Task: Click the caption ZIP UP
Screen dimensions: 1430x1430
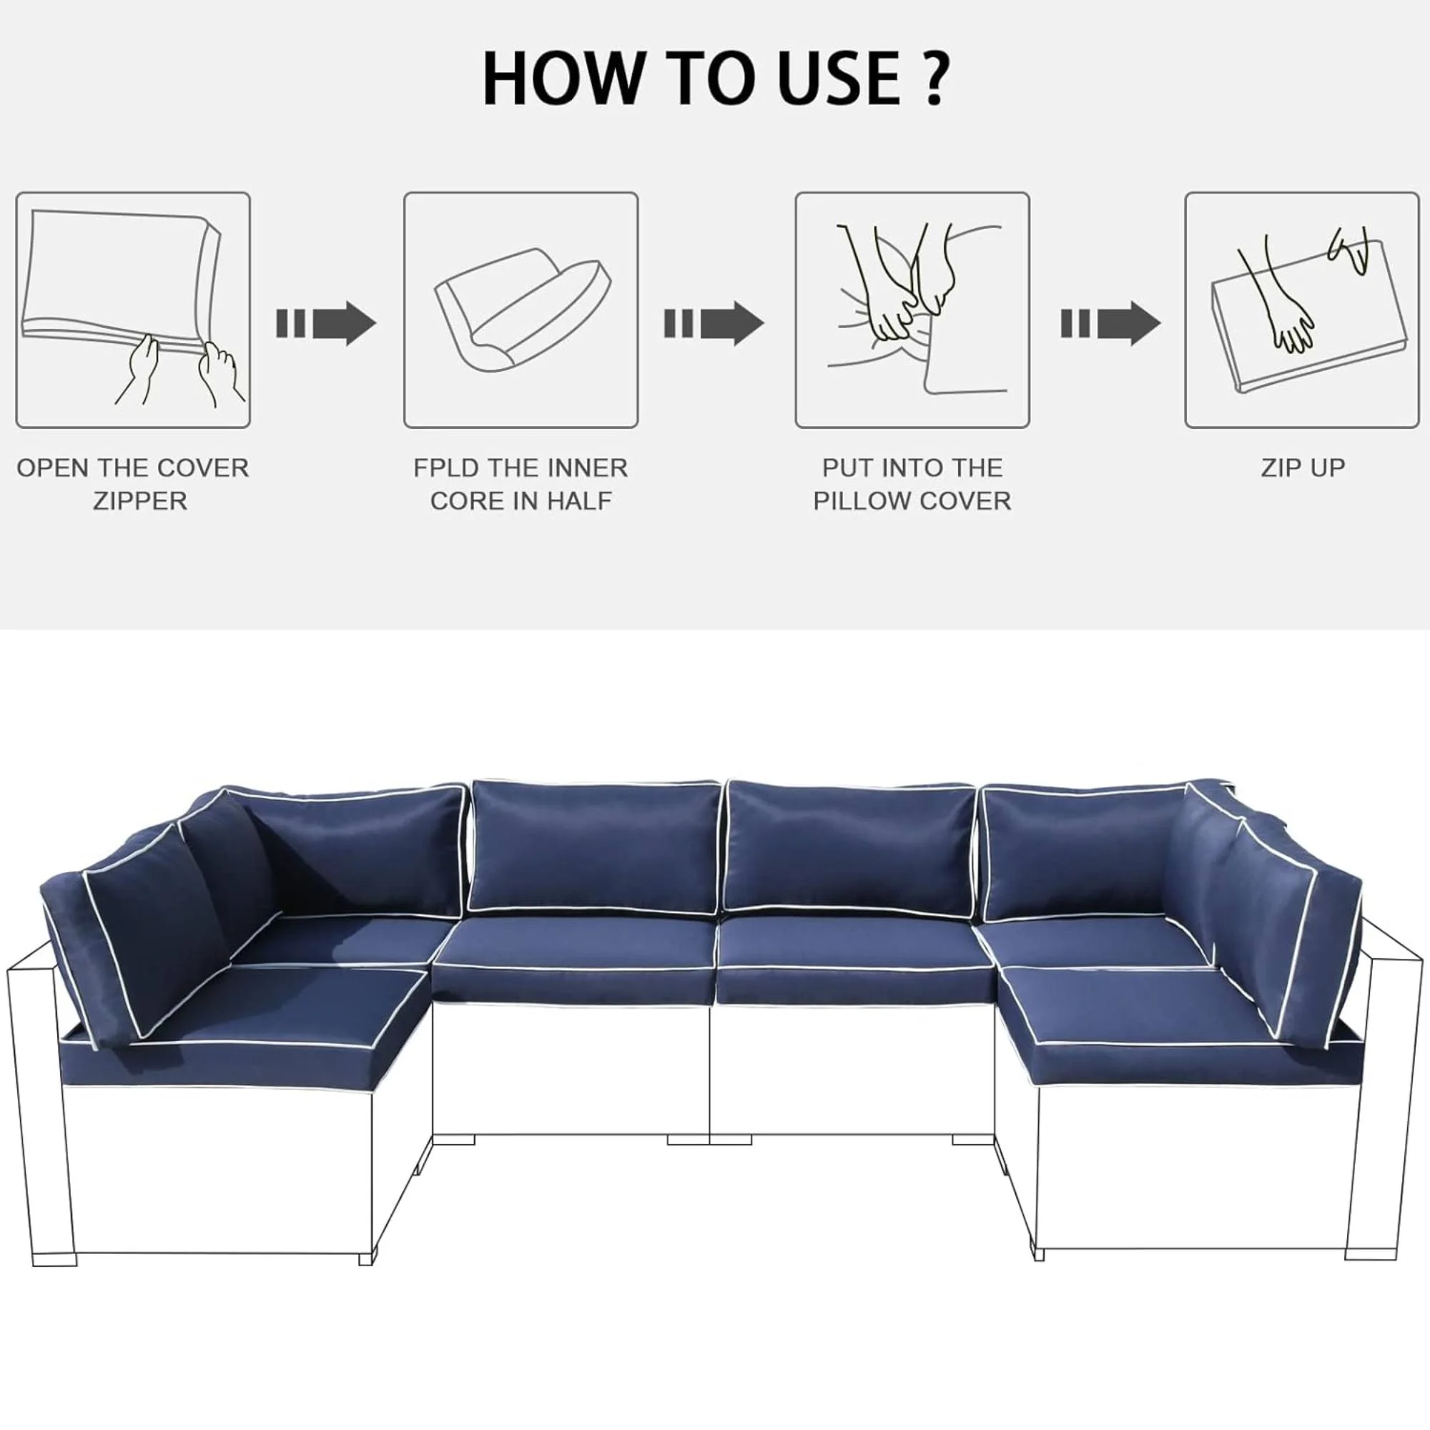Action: coord(1303,468)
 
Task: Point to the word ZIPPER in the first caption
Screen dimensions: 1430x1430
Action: coord(140,501)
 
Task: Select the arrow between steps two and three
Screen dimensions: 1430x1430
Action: coord(714,323)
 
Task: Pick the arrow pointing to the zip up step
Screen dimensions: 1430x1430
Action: coord(1110,323)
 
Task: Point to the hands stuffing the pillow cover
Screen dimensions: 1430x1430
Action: coord(899,289)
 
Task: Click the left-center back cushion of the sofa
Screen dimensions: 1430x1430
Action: coord(594,845)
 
